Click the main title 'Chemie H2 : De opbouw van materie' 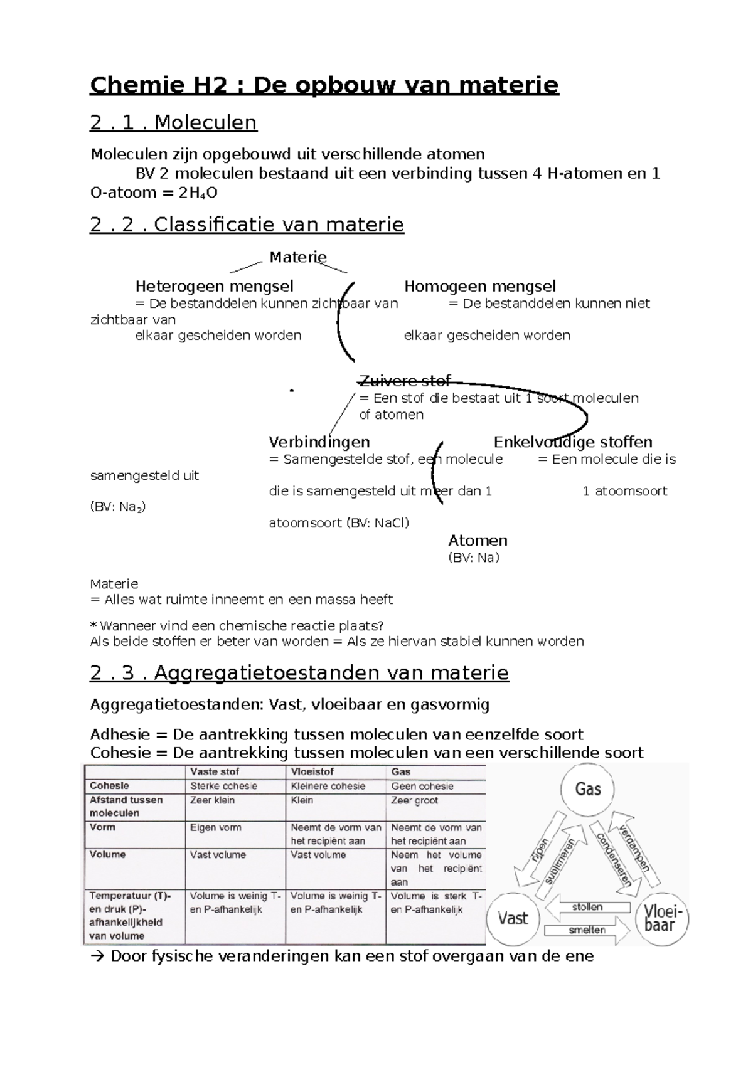(x=324, y=85)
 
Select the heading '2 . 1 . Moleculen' (x=174, y=122)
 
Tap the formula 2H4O (x=198, y=193)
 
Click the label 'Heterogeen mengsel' (x=214, y=287)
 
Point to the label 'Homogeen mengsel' (x=479, y=287)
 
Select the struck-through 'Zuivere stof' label (x=404, y=381)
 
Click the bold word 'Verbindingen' (x=319, y=442)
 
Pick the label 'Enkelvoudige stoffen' (x=572, y=442)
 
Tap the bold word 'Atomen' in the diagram (x=478, y=541)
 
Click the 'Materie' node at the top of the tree (x=298, y=257)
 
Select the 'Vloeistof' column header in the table (x=312, y=771)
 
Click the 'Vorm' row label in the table (x=102, y=827)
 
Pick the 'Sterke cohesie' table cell (x=223, y=786)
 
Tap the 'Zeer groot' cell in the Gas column (x=414, y=800)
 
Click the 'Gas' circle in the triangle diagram (x=588, y=789)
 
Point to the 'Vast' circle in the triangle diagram (x=513, y=918)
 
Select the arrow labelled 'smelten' (x=587, y=930)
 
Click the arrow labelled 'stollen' (x=587, y=907)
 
